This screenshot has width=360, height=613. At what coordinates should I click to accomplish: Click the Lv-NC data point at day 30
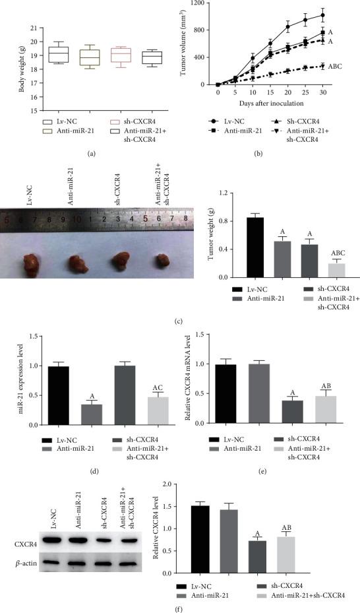pos(322,15)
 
